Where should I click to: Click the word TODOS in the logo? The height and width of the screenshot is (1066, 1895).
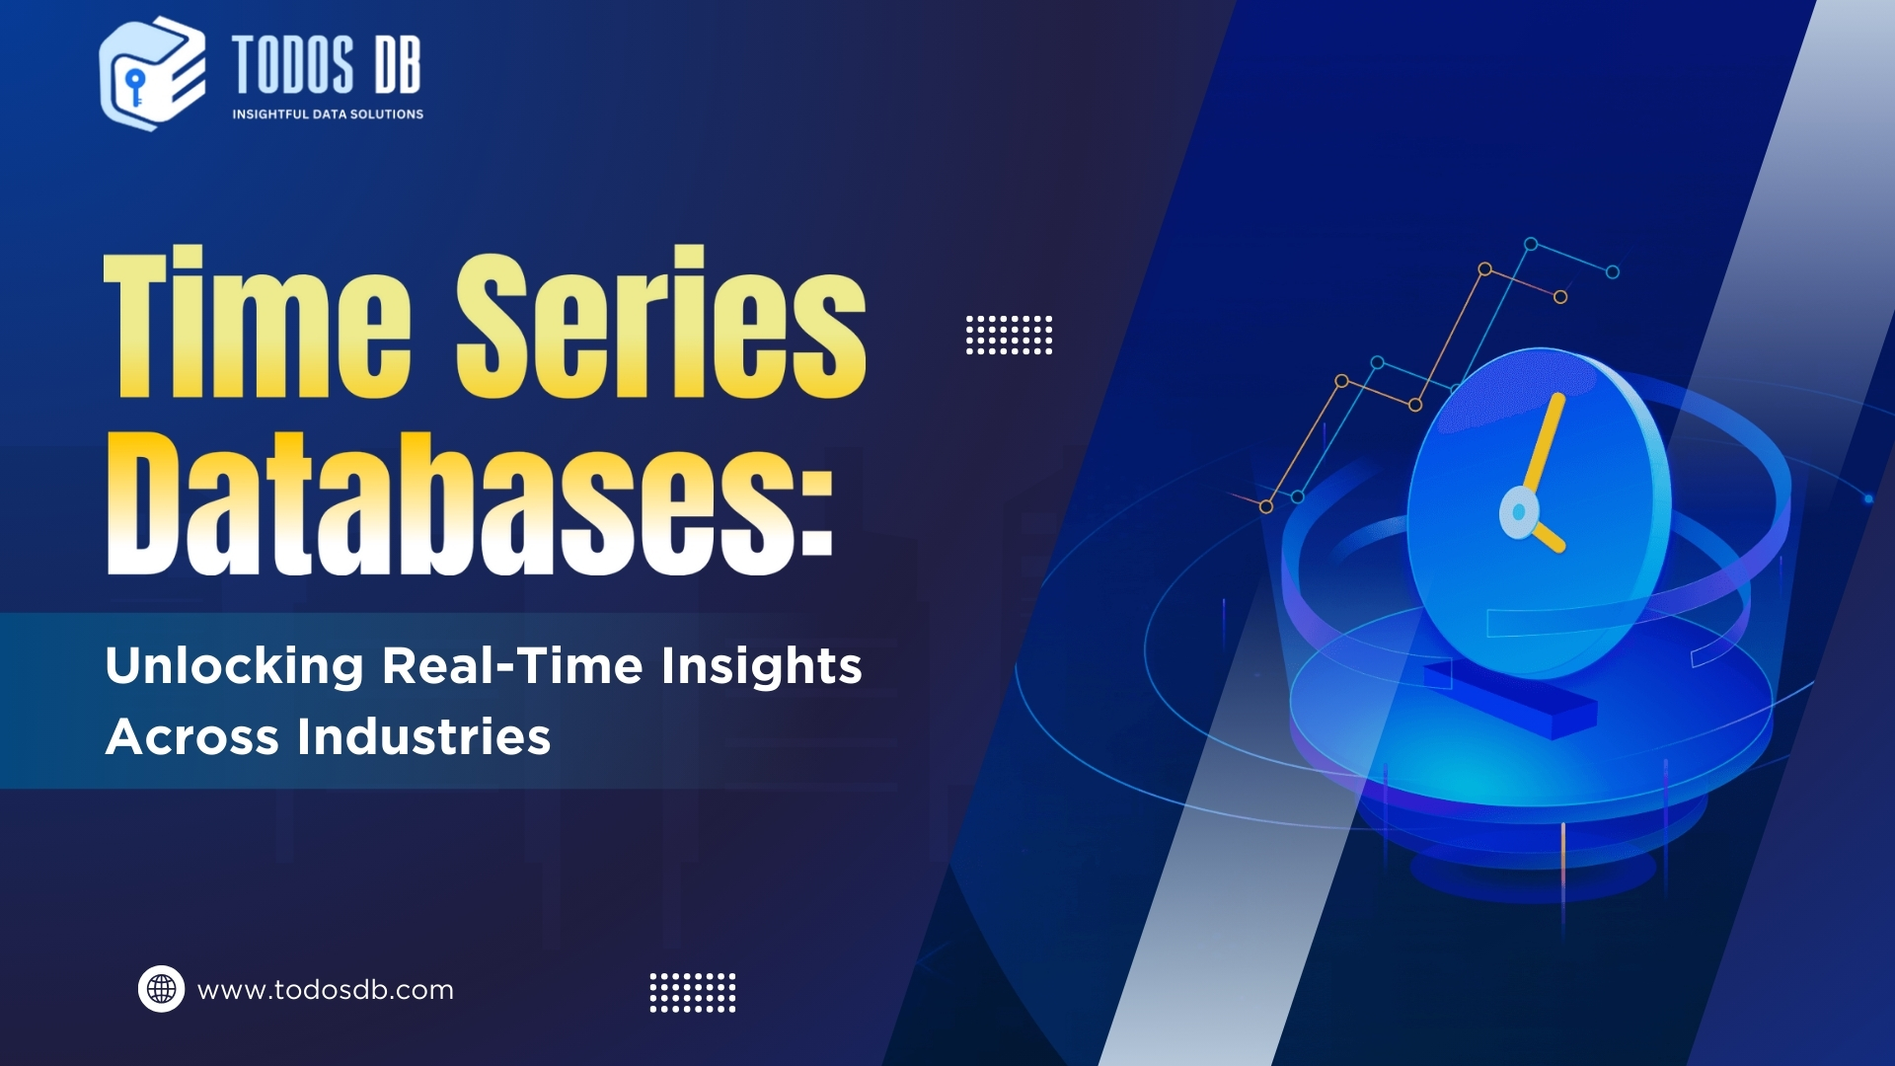pos(293,65)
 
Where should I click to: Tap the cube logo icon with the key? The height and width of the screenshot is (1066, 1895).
pos(153,74)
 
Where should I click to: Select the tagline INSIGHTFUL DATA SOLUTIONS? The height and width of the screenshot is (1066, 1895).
pos(328,114)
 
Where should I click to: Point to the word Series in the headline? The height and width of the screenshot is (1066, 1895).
pos(661,323)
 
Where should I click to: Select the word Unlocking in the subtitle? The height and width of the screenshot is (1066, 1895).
pos(235,665)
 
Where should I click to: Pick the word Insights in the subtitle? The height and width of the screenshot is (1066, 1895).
pos(762,667)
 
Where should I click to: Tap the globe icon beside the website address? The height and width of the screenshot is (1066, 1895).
pos(161,989)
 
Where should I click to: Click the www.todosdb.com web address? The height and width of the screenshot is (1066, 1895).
pos(326,990)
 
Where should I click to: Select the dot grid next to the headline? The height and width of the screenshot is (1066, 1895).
pos(1009,336)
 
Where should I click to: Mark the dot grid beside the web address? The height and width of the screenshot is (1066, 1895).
pos(693,993)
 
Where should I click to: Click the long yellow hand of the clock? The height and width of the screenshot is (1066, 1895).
pos(1544,443)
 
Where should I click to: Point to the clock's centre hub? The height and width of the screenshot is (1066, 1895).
pos(1519,512)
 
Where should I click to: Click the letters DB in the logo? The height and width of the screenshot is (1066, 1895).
pos(397,65)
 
